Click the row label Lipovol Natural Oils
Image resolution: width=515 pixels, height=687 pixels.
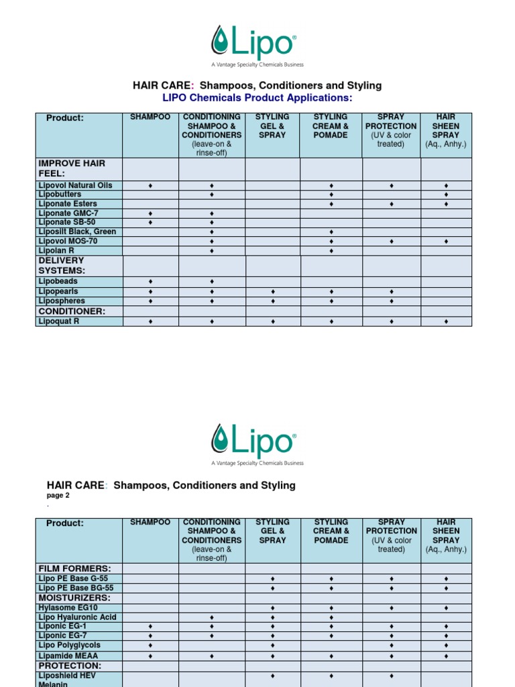(75, 185)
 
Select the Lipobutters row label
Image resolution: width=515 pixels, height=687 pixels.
(60, 195)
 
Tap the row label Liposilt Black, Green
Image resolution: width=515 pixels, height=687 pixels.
(77, 231)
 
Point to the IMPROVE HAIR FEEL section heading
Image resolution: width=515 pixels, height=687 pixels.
(72, 168)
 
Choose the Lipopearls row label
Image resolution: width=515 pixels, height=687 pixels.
(58, 292)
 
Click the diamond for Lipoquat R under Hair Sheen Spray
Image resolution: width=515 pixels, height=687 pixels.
(446, 322)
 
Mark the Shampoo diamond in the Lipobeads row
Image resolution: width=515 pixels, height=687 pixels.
(150, 282)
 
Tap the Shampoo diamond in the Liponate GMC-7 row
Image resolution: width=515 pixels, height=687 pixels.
(150, 213)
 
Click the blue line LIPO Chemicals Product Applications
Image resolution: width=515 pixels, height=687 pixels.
(257, 98)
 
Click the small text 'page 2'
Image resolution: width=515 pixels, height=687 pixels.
(58, 496)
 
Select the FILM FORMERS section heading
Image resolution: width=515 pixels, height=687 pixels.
(74, 568)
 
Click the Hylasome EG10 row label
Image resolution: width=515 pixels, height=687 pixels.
(67, 607)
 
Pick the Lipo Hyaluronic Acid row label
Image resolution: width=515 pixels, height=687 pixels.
(77, 617)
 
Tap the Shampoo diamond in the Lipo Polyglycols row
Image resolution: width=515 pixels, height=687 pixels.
(150, 645)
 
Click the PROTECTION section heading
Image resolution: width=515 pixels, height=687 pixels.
(70, 666)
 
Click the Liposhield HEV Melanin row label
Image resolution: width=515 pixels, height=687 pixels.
(67, 679)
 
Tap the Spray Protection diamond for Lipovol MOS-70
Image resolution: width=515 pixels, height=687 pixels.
(392, 241)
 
